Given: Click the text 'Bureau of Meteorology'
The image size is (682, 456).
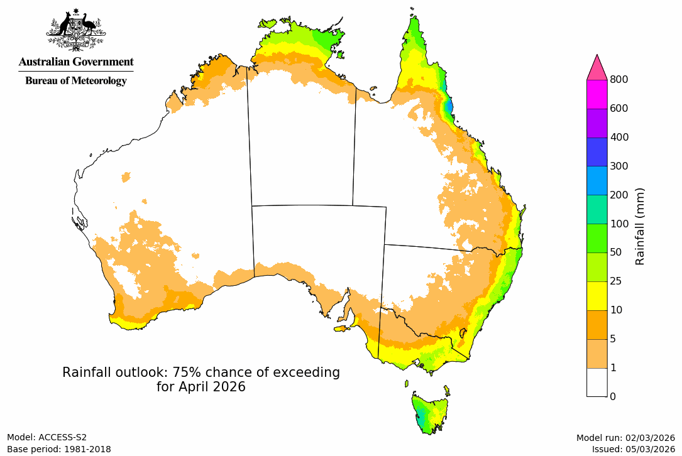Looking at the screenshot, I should [75, 80].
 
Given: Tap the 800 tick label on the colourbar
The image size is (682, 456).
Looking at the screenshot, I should [620, 79].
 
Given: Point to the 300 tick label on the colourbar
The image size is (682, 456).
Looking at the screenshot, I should [620, 166].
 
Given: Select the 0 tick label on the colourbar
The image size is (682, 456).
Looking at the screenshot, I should [613, 396].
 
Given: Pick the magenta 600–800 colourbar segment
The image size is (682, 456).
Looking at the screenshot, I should [597, 94].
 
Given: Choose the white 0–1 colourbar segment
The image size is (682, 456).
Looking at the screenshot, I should [597, 381].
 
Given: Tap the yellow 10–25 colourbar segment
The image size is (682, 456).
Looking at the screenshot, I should [597, 295].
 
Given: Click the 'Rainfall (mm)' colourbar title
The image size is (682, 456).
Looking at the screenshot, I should [641, 226].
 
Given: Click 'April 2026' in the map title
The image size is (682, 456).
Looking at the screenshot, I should [201, 387].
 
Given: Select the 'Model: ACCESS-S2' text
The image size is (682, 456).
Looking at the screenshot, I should [47, 437].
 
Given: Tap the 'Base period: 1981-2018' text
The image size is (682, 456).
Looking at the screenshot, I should [58, 449].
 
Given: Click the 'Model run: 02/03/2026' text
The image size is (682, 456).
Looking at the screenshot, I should [625, 438].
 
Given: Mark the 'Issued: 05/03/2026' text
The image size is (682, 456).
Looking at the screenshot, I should [633, 449].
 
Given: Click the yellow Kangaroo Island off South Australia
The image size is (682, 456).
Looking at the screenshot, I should [341, 328].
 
